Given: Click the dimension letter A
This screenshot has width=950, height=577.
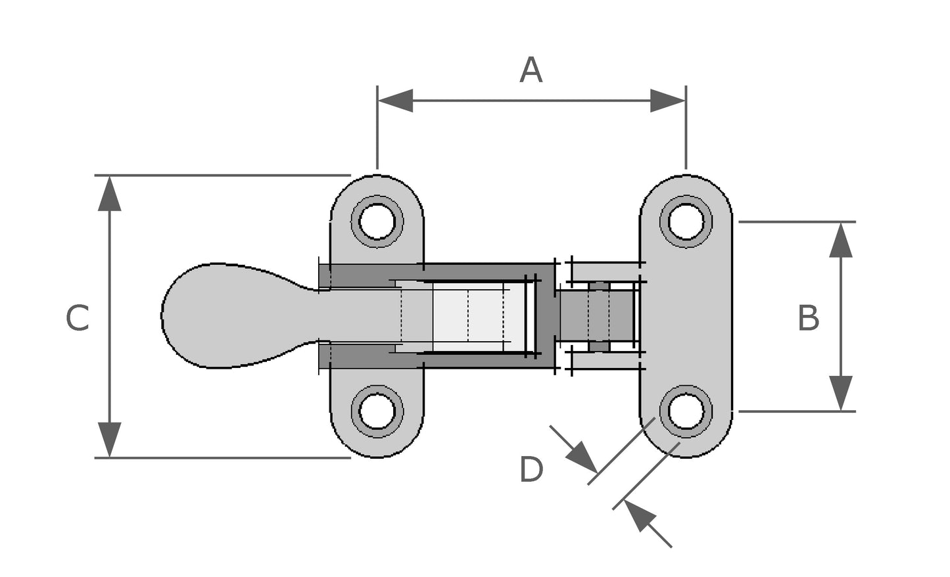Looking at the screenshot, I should pyautogui.click(x=531, y=70).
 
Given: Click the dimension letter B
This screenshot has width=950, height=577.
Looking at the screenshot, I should pyautogui.click(x=808, y=318).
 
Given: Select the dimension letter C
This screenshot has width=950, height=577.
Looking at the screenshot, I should pyautogui.click(x=77, y=318).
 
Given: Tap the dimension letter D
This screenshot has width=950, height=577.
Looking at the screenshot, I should pyautogui.click(x=531, y=471).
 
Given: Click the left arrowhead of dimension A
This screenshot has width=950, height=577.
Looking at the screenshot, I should pyautogui.click(x=395, y=101).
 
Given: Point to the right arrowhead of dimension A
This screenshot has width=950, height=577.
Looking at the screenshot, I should pyautogui.click(x=667, y=101).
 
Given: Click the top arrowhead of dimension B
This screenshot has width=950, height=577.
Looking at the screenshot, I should pyautogui.click(x=840, y=240).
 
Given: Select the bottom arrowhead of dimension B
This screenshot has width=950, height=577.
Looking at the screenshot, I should pyautogui.click(x=840, y=393).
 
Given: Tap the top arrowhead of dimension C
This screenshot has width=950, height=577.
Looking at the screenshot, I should pyautogui.click(x=109, y=193).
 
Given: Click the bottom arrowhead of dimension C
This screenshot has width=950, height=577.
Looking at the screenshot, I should pyautogui.click(x=109, y=439).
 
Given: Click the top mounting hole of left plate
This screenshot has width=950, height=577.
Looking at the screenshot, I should pyautogui.click(x=377, y=220).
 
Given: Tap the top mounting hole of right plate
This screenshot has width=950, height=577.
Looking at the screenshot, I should pyautogui.click(x=686, y=220).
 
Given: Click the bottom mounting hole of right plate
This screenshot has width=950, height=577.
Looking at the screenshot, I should pyautogui.click(x=686, y=411).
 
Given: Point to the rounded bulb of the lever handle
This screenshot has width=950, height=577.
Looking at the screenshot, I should pyautogui.click(x=210, y=315).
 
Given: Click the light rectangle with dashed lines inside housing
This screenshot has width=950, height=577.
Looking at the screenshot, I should pyautogui.click(x=470, y=315).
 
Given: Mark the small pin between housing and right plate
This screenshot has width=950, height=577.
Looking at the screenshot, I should pyautogui.click(x=598, y=315).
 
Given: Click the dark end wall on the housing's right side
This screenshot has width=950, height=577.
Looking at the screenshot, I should pyautogui.click(x=545, y=315).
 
